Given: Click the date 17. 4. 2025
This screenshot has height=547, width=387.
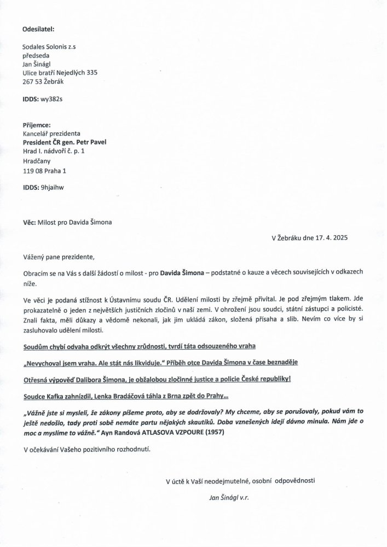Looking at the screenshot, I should click(327, 238).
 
